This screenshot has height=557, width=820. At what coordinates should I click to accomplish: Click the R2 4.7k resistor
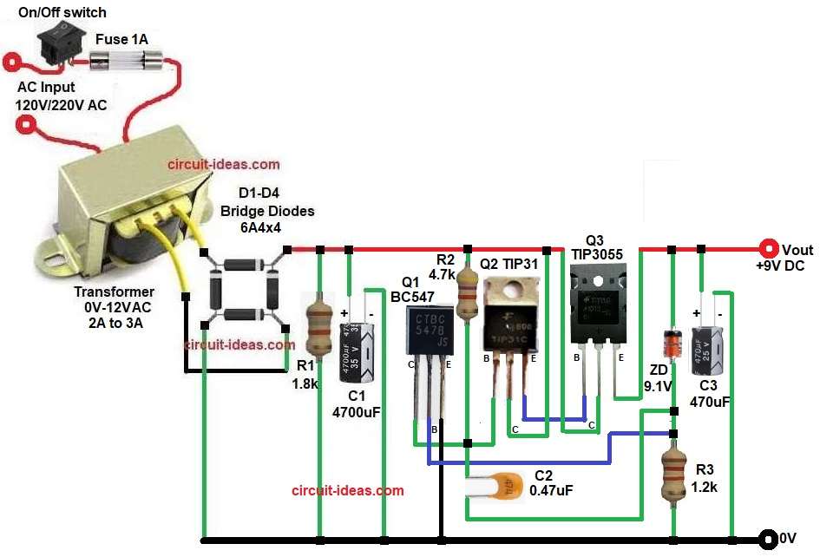click(x=467, y=291)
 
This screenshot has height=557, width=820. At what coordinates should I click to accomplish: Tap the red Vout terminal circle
click(x=767, y=248)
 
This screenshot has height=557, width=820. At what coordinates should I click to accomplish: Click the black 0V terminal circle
click(x=767, y=540)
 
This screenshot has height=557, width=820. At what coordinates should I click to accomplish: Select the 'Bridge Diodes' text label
click(x=267, y=211)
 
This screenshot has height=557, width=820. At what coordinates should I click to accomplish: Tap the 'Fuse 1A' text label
click(x=121, y=38)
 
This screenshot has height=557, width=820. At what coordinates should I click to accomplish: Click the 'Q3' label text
click(x=596, y=238)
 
